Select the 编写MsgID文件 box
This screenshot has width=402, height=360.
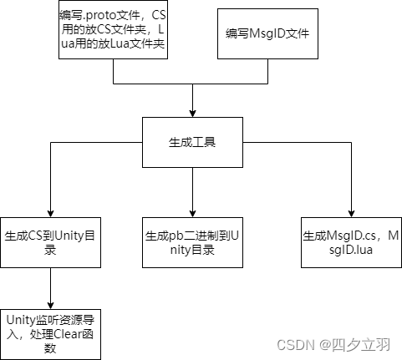pyautogui.click(x=267, y=33)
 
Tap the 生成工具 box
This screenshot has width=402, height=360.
pyautogui.click(x=192, y=142)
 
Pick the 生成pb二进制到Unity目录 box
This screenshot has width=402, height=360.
pyautogui.click(x=192, y=242)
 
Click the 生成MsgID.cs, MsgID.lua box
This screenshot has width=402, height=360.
pyautogui.click(x=351, y=242)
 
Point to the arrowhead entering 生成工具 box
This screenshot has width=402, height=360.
pyautogui.click(x=192, y=113)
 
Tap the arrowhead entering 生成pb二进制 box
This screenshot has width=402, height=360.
pyautogui.click(x=192, y=213)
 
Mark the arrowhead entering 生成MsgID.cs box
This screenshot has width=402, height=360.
pyautogui.click(x=351, y=213)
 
